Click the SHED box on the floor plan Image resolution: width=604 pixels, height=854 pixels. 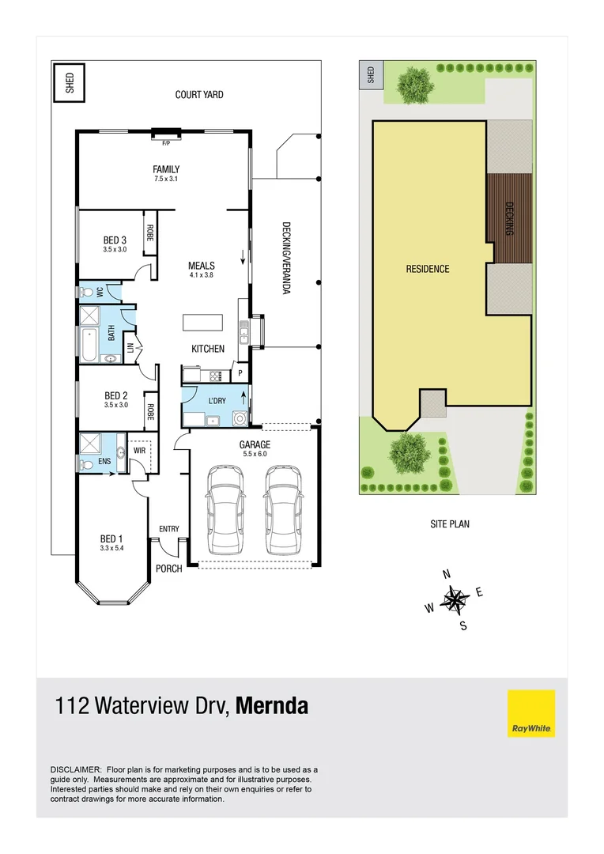point(69,83)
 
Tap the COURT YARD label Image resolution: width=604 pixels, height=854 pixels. point(199,95)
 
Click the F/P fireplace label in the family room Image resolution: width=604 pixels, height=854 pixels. point(166,143)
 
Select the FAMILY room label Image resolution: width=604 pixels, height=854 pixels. point(166,169)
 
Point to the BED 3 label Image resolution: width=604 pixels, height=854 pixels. point(115,240)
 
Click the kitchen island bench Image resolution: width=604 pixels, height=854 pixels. point(202,323)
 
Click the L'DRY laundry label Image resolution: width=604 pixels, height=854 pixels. point(217,401)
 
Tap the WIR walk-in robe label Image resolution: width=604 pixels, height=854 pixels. point(140,450)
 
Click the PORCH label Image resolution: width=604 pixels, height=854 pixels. point(169,569)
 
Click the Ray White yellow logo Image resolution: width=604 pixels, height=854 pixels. point(530,713)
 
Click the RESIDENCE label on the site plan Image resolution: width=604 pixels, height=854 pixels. point(428,269)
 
